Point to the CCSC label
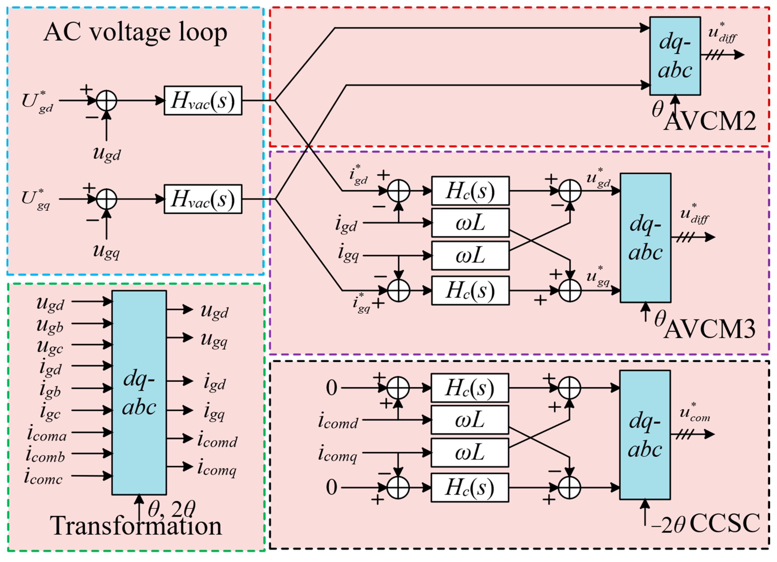coord(725,523)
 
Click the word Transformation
coord(136,526)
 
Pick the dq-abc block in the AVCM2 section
coord(675,56)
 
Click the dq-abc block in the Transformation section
coord(139,393)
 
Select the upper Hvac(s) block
coord(203,100)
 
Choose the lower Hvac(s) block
coord(203,199)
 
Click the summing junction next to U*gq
coord(106,199)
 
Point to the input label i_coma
coord(47,434)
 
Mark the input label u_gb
coord(50,325)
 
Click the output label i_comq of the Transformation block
coord(217,468)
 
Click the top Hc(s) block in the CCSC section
coord(470,388)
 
